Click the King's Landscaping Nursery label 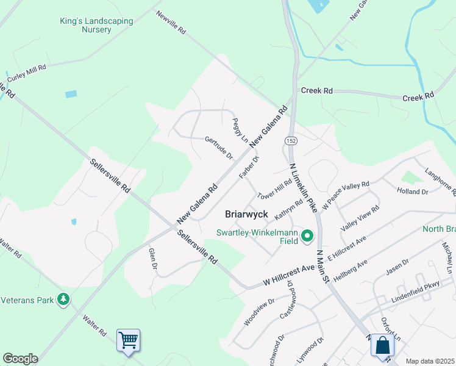96,25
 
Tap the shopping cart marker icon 128,340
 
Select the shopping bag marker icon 382,345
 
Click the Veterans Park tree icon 63,299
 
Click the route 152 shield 291,140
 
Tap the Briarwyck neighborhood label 246,214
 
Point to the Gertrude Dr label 219,148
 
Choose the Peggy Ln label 240,131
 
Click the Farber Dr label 249,167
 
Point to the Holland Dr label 413,192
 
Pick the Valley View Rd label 360,218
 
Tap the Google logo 20,359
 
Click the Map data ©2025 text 430,361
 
